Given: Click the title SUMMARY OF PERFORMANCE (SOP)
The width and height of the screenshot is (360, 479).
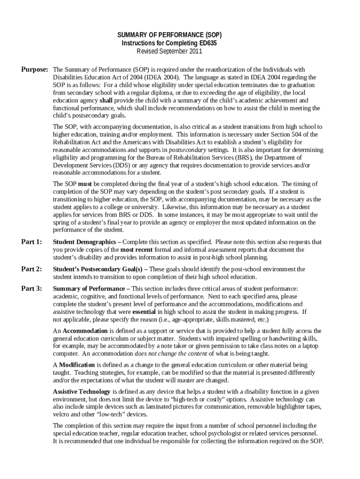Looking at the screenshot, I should (169, 35).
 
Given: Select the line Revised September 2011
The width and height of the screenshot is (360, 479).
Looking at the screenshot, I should (169, 51).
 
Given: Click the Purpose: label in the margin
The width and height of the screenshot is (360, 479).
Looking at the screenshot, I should (35, 70).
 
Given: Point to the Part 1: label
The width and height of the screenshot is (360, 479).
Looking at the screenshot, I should (32, 242).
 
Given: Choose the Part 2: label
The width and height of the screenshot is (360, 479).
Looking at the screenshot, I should (32, 269).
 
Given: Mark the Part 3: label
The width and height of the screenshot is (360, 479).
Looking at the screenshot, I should (32, 289).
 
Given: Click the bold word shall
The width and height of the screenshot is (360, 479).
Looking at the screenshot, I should (106, 101).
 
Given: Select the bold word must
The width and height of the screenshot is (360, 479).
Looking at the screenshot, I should (85, 184).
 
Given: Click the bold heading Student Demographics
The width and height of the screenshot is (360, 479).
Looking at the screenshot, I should (84, 242).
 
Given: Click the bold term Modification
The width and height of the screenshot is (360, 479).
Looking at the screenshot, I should (78, 364).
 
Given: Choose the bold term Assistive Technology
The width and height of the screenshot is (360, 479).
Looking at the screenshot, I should (81, 391).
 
